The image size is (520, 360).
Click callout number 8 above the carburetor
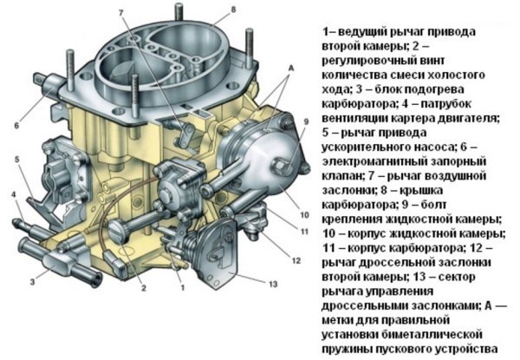click(x=233, y=10)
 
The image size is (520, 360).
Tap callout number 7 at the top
click(x=120, y=13)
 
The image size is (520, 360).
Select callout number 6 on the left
click(x=16, y=126)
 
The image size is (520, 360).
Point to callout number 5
click(x=17, y=160)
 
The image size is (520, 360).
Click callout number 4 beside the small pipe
click(x=14, y=194)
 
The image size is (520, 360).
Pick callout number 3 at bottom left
click(x=32, y=282)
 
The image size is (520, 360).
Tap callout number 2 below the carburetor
click(x=143, y=288)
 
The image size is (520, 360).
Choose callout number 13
click(x=273, y=284)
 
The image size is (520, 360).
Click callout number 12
click(x=296, y=260)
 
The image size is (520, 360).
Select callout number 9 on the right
click(x=306, y=121)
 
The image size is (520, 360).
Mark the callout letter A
click(x=291, y=69)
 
